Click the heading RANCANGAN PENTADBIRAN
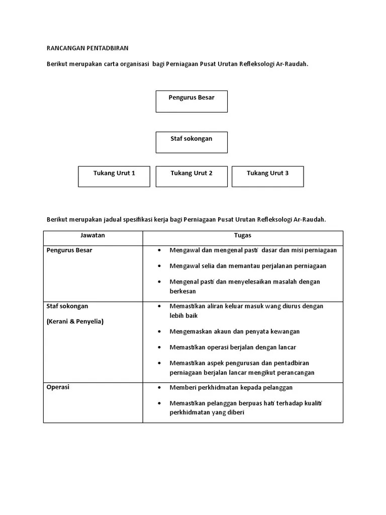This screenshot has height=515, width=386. [87, 48]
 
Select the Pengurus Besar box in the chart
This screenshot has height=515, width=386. [191, 101]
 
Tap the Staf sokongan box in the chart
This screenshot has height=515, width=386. [191, 142]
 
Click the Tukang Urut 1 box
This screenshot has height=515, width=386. [114, 177]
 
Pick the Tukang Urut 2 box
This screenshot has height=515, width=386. [191, 177]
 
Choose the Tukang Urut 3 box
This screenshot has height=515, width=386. [267, 177]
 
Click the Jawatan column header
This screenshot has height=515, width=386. [92, 235]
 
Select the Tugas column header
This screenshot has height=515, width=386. [242, 235]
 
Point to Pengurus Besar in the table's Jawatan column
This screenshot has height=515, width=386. [69, 250]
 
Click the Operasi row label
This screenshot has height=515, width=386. [58, 387]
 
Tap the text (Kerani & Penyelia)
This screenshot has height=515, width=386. [75, 321]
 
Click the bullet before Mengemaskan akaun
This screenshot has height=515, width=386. [159, 332]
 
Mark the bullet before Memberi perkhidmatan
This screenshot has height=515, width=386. [159, 388]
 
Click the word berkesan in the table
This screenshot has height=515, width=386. [183, 291]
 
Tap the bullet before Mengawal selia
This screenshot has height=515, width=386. [159, 266]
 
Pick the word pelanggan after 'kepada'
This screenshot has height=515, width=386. [276, 387]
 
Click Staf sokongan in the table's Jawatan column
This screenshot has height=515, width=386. [67, 306]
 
